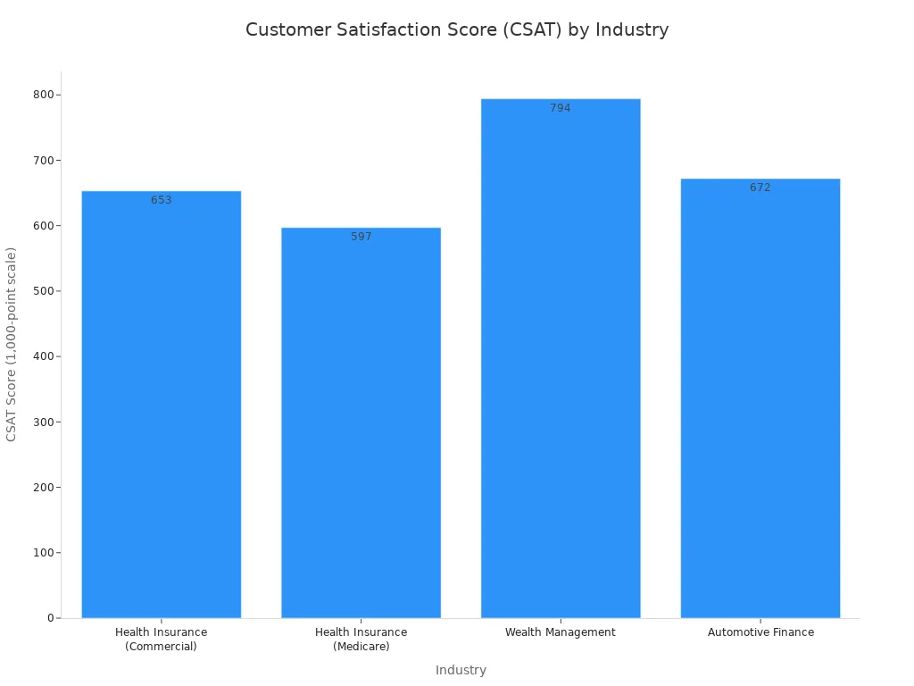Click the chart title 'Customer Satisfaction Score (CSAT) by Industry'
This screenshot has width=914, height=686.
457,29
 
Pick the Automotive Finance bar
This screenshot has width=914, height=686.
760,402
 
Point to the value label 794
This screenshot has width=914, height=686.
561,108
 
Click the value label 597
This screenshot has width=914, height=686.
361,237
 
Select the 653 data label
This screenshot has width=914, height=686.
162,200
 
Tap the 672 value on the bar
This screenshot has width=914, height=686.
760,188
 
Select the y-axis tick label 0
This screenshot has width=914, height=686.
52,618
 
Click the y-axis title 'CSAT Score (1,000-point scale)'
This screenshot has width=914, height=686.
12,344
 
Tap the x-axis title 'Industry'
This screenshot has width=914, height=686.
461,670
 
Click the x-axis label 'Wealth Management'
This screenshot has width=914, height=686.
561,632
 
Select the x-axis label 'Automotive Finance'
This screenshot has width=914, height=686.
760,632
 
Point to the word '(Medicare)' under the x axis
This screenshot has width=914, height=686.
361,647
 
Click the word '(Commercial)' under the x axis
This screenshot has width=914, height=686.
162,647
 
